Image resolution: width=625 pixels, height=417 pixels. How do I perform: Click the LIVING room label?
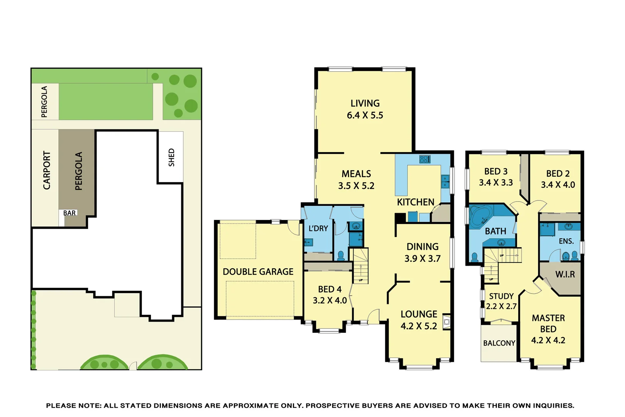click(365, 103)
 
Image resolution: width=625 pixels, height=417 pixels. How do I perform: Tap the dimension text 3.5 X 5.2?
click(356, 186)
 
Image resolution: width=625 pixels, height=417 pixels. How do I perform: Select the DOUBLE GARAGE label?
click(258, 272)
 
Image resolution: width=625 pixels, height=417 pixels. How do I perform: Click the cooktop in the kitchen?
click(425, 159)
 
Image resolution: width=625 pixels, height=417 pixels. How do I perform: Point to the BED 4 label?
click(329, 289)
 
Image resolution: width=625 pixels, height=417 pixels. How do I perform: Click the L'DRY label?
click(318, 229)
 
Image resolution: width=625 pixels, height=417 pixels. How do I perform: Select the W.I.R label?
click(565, 275)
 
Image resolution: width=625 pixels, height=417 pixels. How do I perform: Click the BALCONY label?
click(499, 343)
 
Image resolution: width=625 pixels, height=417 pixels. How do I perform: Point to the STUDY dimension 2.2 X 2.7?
click(501, 307)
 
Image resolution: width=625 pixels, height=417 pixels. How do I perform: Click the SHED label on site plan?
click(172, 158)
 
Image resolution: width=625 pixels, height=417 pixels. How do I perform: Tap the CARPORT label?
click(47, 170)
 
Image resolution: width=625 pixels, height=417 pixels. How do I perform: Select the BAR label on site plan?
click(69, 213)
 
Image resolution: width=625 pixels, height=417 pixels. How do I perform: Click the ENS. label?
click(566, 241)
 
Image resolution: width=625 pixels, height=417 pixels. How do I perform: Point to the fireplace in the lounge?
click(446, 321)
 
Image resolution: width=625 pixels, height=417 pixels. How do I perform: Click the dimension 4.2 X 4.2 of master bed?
click(548, 340)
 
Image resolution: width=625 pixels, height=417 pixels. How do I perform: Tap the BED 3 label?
click(496, 171)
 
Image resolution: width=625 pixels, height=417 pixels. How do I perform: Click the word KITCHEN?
click(416, 202)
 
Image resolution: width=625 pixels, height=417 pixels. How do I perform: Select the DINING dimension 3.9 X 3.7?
click(422, 259)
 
